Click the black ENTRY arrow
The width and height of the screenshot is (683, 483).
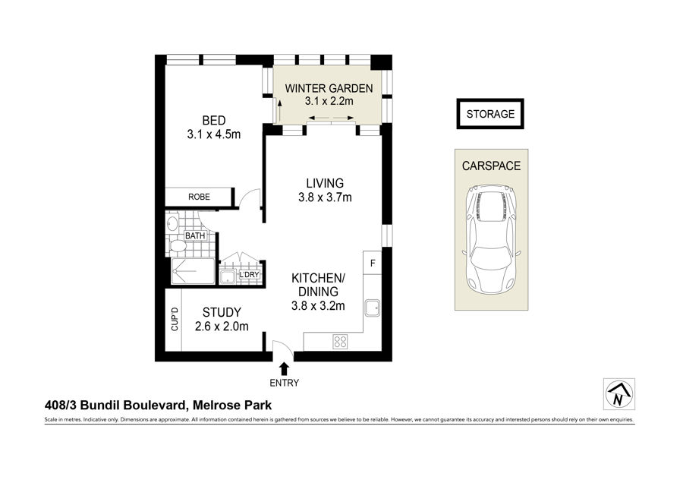285,369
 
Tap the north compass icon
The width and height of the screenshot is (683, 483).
619,394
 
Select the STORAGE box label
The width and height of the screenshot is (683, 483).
490,114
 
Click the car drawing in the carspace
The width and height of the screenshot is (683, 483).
491,238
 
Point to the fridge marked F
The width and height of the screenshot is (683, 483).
373,263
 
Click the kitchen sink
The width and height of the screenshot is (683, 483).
373,308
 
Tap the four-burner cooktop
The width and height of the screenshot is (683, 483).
340,341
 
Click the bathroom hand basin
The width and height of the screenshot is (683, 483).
172,223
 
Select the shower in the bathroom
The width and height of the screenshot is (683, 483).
193,270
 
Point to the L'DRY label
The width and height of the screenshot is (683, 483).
250,275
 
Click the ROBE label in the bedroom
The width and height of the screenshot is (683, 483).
199,197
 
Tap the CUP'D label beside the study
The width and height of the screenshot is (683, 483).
175,319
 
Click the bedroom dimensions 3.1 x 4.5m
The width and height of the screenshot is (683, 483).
214,134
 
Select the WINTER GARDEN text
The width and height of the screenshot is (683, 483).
329,89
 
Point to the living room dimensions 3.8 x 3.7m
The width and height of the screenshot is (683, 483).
325,197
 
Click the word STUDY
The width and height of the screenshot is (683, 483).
222,313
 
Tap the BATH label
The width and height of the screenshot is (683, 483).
195,236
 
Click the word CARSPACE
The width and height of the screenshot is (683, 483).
491,166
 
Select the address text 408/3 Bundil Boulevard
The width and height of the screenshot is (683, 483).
116,406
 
